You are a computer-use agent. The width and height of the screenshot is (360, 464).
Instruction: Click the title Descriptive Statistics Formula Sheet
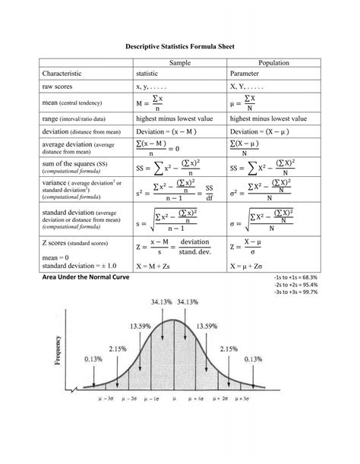point(180,46)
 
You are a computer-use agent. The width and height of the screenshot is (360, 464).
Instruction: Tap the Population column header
point(271,62)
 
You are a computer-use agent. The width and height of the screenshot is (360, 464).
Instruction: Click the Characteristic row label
point(69,74)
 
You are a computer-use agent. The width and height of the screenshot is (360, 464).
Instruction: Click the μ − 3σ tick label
point(106,397)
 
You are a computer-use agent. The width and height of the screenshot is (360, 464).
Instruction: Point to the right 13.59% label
point(210,327)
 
